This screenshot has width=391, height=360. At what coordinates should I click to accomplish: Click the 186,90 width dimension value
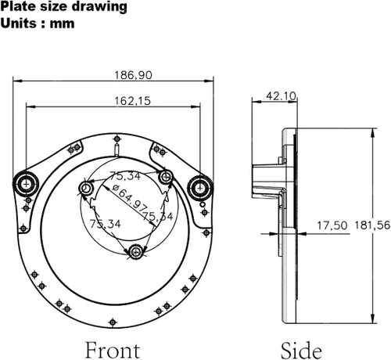click(133, 75)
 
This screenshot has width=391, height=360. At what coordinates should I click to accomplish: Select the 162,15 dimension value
click(133, 101)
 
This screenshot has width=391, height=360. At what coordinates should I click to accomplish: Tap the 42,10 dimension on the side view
click(282, 96)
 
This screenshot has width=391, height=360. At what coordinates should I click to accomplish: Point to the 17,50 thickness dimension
click(332, 225)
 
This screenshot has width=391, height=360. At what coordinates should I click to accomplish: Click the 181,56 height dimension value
click(372, 225)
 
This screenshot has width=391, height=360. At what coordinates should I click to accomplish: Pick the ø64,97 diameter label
click(130, 198)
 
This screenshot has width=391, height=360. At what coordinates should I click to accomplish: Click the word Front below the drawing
click(113, 351)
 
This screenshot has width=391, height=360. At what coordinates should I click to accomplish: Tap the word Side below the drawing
click(301, 351)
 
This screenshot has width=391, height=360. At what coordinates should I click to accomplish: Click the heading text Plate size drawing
click(64, 7)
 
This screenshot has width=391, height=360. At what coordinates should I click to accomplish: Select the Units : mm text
click(38, 23)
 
